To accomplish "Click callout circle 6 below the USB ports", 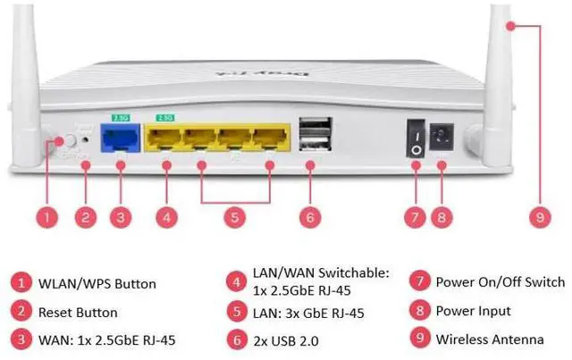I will [x=310, y=215].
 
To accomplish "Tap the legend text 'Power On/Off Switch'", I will [x=500, y=282].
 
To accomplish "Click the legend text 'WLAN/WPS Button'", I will [x=98, y=284].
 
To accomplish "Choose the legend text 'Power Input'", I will [x=473, y=311].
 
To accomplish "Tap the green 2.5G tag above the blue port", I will [x=119, y=115].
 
